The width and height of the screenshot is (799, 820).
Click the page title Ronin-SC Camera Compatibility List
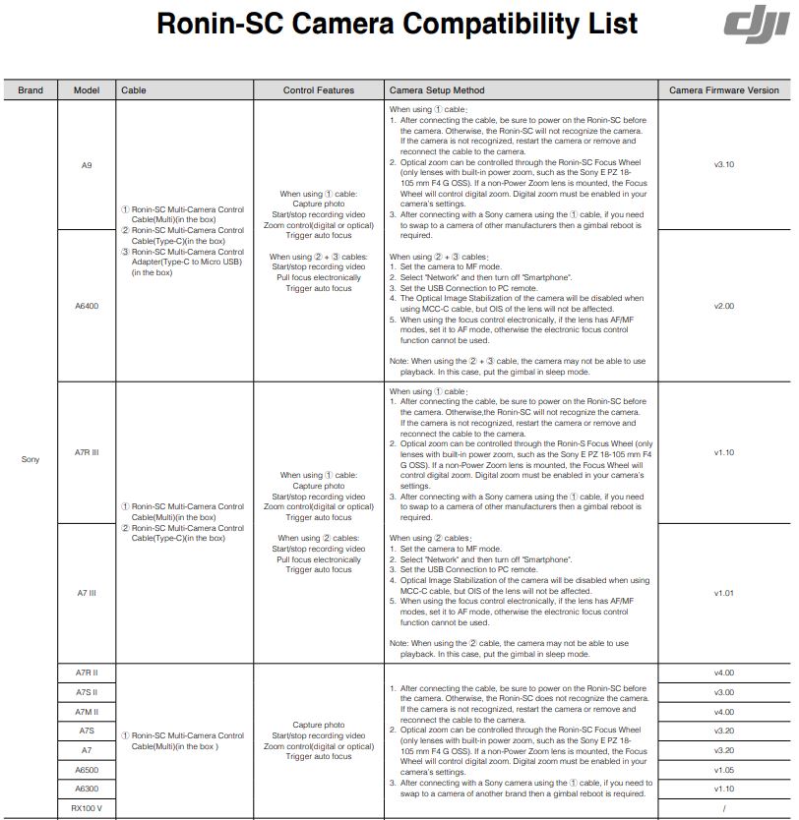pos(398,24)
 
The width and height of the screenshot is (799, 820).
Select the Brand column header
pos(31,90)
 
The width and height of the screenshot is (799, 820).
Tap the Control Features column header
pos(319,90)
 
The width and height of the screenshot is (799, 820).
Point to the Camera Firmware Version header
pos(723,90)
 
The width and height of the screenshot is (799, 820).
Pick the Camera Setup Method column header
pos(437,90)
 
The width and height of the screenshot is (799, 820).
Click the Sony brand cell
pos(31,459)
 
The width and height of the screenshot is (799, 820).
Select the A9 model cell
pos(87,165)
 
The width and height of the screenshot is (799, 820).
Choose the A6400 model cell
pos(87,306)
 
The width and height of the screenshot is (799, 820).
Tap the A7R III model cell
pos(87,453)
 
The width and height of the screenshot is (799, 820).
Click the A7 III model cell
pos(87,593)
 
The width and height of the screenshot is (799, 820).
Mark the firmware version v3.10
pos(723,165)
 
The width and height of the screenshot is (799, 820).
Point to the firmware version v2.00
pos(723,306)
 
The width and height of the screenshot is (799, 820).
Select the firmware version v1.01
pos(723,593)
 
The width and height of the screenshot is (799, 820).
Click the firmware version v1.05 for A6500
pos(723,770)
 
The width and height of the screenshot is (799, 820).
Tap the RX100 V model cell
pos(87,808)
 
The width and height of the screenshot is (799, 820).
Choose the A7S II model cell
pos(87,692)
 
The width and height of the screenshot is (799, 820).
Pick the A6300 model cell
pos(87,789)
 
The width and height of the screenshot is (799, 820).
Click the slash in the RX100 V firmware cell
pos(723,808)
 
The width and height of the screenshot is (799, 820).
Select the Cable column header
pos(134,90)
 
